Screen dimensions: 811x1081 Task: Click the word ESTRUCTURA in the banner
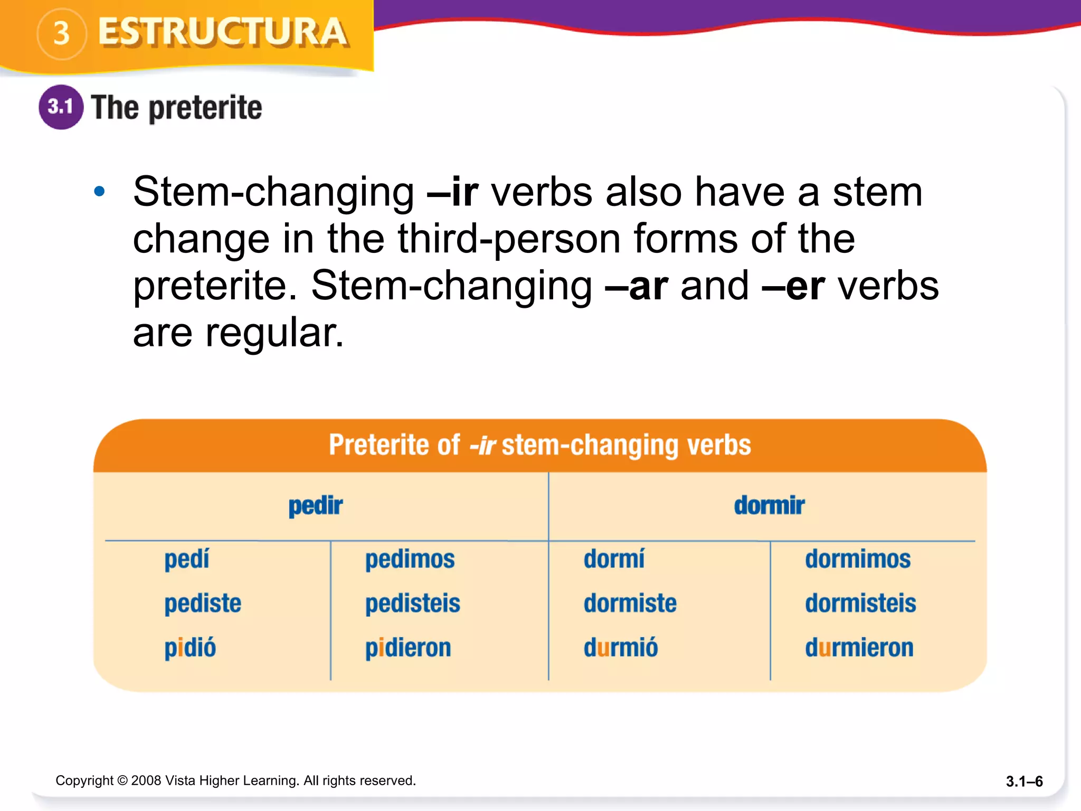pos(223,33)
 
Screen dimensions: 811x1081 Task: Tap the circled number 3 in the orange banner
pos(62,34)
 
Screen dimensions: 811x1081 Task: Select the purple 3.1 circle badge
pos(61,107)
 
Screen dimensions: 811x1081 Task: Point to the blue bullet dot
pos(99,192)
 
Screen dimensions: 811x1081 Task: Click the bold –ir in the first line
pos(453,192)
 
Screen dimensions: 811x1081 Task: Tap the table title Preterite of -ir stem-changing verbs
pos(539,445)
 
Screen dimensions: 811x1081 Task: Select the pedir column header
pos(315,506)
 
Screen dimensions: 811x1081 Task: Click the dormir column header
pos(769,506)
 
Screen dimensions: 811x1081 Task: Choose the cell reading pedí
pos(187,559)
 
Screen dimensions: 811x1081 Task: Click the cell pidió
pos(190,648)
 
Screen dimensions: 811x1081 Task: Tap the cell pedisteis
pos(412,603)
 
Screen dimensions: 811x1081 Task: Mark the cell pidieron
pos(408,648)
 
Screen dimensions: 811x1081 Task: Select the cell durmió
pos(621,648)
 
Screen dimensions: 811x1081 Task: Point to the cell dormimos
pos(858,559)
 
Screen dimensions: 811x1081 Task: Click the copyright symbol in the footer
pos(122,780)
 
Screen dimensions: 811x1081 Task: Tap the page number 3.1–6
pos(1024,781)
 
